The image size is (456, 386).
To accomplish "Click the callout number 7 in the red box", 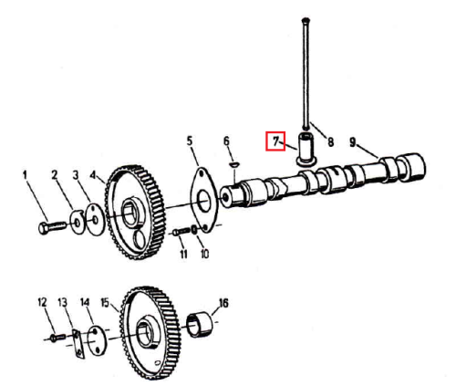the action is click(x=275, y=141).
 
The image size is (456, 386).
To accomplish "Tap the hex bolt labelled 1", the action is click(x=52, y=227).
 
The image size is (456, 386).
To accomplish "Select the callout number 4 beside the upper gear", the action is click(x=93, y=175).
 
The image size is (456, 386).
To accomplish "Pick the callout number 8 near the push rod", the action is click(x=330, y=141).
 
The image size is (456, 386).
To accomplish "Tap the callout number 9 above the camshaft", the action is click(x=352, y=141).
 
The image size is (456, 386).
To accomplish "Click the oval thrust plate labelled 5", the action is click(x=204, y=200).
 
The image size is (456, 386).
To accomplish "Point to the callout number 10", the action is click(x=205, y=254).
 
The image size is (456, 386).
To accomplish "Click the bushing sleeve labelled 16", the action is click(x=200, y=325).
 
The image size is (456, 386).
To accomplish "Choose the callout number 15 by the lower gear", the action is click(x=105, y=303).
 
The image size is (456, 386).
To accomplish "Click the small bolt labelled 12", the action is click(x=57, y=338).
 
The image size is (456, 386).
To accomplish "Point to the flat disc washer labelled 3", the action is click(x=95, y=220).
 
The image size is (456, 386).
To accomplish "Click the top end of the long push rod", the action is click(x=306, y=20).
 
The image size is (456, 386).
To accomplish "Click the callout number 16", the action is click(x=223, y=303).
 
